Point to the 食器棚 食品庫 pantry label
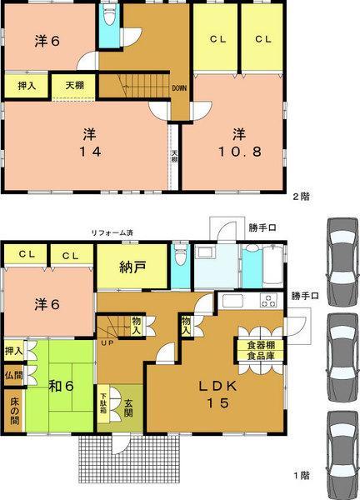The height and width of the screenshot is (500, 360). (259, 351)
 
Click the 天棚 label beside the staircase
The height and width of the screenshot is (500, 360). (70, 85)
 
